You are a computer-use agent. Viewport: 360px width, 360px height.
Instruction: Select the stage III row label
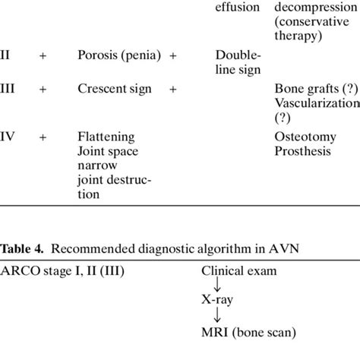click(8, 89)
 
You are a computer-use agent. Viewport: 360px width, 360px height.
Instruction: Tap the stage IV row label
click(9, 137)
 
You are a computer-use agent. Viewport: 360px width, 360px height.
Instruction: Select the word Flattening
click(106, 137)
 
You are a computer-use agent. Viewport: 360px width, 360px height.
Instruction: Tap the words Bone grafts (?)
click(311, 89)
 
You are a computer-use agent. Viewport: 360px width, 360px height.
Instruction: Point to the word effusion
click(238, 7)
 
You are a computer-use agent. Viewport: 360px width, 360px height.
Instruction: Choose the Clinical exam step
click(238, 270)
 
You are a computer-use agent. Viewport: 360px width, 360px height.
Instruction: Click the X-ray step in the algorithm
click(217, 299)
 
